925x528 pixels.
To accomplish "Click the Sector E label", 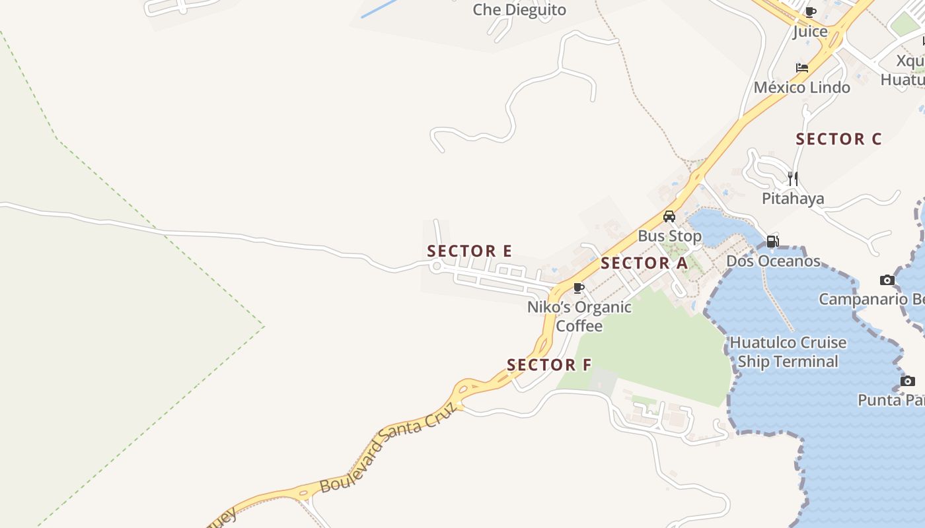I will pyautogui.click(x=469, y=251).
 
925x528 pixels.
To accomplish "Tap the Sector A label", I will pyautogui.click(x=644, y=263).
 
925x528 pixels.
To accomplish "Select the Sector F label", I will pyautogui.click(x=549, y=365).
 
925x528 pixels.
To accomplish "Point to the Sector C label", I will pyautogui.click(x=838, y=139).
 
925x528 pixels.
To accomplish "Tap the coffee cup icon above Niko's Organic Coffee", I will pyautogui.click(x=579, y=288).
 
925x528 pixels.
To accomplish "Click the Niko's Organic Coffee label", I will pyautogui.click(x=579, y=316).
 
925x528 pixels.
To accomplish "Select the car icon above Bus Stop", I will pyautogui.click(x=669, y=216).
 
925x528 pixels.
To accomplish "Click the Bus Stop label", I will pyautogui.click(x=669, y=236).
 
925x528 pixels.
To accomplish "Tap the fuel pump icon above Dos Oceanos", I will pyautogui.click(x=772, y=242).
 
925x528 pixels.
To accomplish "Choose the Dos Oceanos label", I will pyautogui.click(x=773, y=261).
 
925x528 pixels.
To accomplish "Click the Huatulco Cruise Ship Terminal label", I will pyautogui.click(x=788, y=352).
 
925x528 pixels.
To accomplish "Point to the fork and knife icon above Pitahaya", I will pyautogui.click(x=792, y=178).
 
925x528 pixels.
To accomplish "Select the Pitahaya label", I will pyautogui.click(x=793, y=199).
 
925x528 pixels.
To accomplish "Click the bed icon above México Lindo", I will pyautogui.click(x=802, y=67).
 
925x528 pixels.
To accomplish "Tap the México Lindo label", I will pyautogui.click(x=802, y=87).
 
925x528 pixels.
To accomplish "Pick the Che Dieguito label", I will pyautogui.click(x=519, y=10).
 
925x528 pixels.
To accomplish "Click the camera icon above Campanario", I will pyautogui.click(x=887, y=280).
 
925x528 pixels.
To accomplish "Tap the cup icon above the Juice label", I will pyautogui.click(x=811, y=12).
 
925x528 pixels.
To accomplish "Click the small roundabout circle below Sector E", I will pyautogui.click(x=436, y=266).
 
